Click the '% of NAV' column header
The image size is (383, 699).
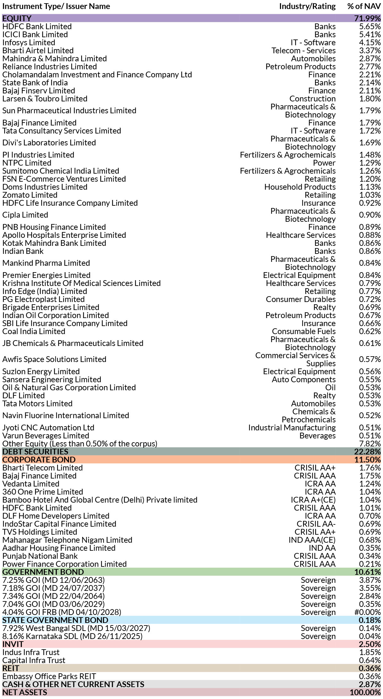click(x=364, y=6)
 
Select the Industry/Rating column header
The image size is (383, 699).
click(x=307, y=6)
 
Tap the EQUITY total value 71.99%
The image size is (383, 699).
click(x=367, y=18)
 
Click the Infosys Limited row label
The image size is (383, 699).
click(x=29, y=42)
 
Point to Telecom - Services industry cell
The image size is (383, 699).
click(x=303, y=50)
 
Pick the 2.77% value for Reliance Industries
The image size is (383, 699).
click(x=370, y=66)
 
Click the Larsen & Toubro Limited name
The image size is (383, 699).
click(x=45, y=99)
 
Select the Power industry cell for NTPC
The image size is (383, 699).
click(x=324, y=163)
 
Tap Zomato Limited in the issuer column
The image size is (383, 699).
click(x=30, y=195)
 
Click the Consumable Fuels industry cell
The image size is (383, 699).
click(x=303, y=331)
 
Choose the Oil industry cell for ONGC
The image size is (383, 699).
click(x=330, y=387)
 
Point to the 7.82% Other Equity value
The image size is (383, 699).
click(x=370, y=444)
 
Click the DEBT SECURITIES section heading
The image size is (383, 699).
click(x=35, y=452)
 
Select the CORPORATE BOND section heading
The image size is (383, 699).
click(x=39, y=460)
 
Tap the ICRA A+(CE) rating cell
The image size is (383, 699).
click(x=313, y=500)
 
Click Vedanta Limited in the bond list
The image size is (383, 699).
click(x=31, y=484)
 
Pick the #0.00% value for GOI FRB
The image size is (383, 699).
click(x=367, y=612)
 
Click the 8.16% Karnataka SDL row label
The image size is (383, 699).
click(x=72, y=636)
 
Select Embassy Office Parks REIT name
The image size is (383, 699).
click(x=49, y=676)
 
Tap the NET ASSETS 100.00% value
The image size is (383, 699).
click(x=365, y=692)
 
